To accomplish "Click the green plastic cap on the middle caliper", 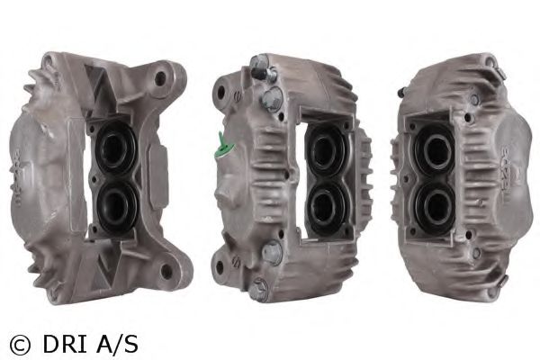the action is point(222,147).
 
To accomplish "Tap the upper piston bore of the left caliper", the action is point(114,148).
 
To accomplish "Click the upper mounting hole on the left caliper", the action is point(160,78).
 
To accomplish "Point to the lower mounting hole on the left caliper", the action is point(166,270).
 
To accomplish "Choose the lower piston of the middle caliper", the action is point(325,207).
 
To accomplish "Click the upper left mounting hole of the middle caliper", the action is point(220,91).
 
